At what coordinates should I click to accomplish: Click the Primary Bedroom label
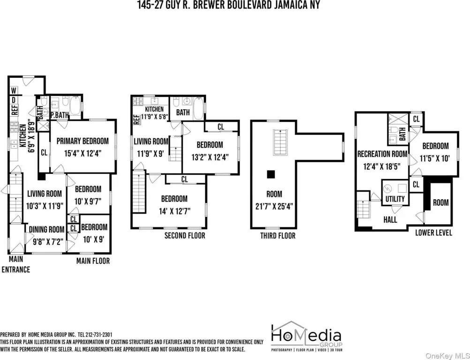83,141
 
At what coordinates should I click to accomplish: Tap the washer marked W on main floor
14,90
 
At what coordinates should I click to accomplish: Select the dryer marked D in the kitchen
14,100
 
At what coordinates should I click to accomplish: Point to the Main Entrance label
16,264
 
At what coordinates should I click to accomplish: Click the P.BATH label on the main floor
60,115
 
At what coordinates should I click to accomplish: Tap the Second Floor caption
185,235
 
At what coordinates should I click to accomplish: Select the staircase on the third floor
280,142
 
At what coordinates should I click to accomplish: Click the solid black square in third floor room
271,174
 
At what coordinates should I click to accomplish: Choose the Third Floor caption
278,236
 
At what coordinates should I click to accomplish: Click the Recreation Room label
382,154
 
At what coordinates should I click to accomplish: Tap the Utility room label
395,199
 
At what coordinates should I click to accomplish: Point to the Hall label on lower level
390,220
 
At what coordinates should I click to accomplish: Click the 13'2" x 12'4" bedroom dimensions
210,157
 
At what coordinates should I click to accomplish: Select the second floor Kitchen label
154,109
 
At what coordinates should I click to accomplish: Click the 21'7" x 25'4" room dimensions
274,207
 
